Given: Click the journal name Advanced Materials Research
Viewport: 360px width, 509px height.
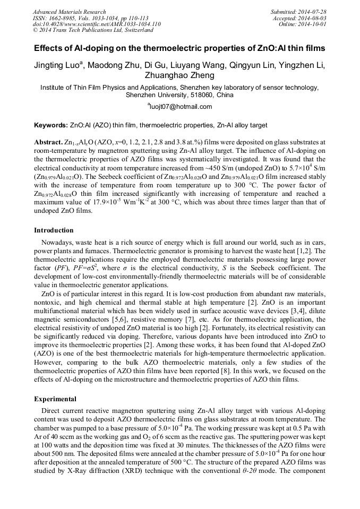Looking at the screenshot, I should point(69,12).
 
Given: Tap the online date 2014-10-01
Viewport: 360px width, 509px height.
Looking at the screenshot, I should point(313,24).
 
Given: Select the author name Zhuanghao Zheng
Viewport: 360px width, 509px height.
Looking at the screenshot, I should point(180,76).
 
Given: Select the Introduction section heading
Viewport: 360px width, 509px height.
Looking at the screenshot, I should point(54,230).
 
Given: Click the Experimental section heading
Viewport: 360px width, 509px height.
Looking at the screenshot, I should point(55,399).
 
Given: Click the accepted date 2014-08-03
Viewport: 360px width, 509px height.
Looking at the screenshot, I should point(313,18).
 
